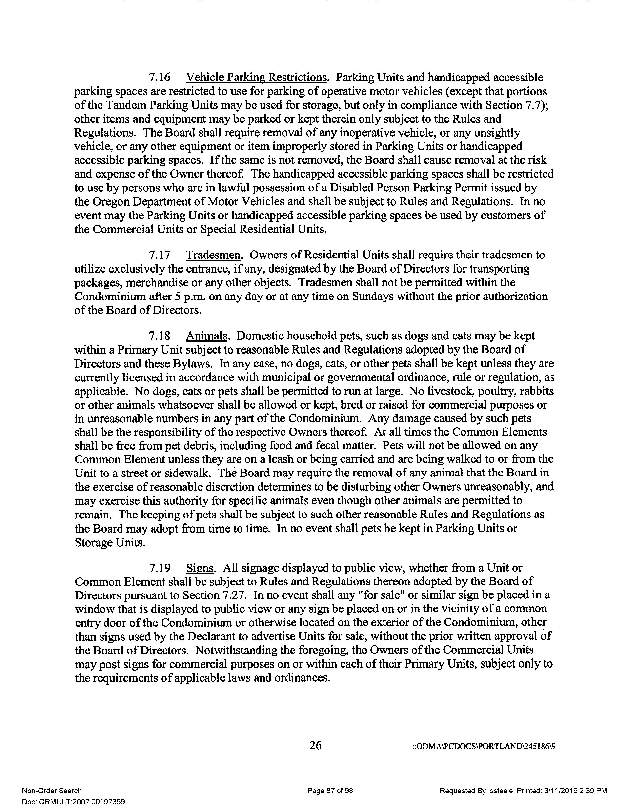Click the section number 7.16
[159, 78]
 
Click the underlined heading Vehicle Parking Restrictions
[256, 78]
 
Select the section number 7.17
[159, 255]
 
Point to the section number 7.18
[159, 336]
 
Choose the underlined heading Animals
[206, 336]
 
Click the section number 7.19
[159, 568]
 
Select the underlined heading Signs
[200, 568]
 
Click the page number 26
[315, 745]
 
